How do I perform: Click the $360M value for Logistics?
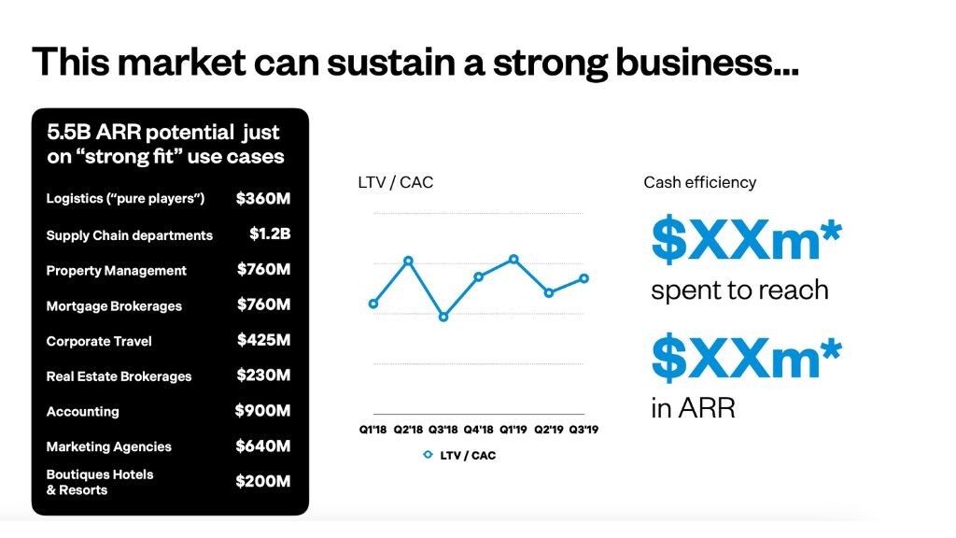pos(263,198)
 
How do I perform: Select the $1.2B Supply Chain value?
pos(270,234)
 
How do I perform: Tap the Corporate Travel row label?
pos(99,341)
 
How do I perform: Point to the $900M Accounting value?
pos(262,411)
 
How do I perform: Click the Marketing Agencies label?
pos(109,446)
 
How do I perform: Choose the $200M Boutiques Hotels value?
pos(263,481)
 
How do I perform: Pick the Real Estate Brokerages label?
pos(119,376)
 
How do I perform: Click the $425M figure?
pos(264,340)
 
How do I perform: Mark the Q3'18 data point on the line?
pos(443,318)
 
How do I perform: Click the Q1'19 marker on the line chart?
pos(514,260)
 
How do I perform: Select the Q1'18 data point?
pos(373,304)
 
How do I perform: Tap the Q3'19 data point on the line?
pos(584,278)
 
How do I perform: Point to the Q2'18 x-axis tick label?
pos(408,430)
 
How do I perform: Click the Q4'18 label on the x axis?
pos(479,430)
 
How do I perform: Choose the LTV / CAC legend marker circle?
pos(428,455)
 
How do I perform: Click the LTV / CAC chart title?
pos(396,182)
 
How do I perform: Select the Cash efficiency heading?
pos(700,182)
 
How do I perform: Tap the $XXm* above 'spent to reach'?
pos(746,239)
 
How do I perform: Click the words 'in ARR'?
pos(694,407)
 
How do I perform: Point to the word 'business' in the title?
pos(707,63)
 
